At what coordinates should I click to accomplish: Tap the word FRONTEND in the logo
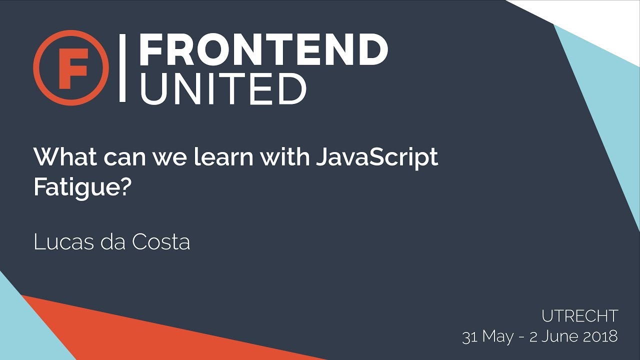click(x=263, y=50)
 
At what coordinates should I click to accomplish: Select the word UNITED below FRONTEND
click(x=222, y=88)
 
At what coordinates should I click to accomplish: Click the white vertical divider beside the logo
click(x=122, y=68)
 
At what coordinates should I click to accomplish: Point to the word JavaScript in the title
click(x=377, y=157)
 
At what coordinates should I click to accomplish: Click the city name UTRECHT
click(x=580, y=316)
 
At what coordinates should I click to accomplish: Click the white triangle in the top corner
click(x=600, y=20)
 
